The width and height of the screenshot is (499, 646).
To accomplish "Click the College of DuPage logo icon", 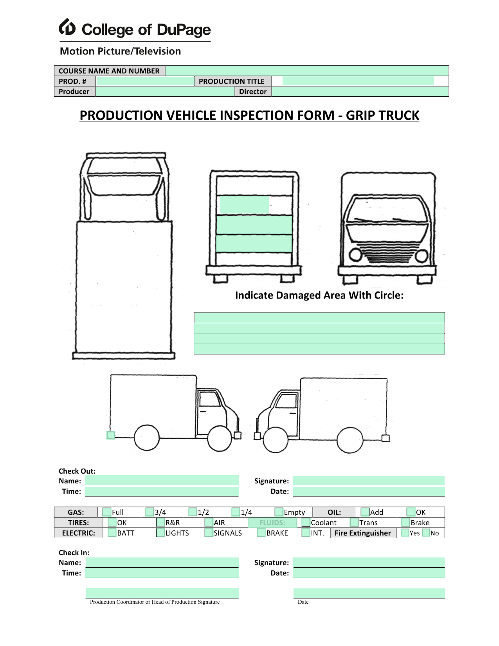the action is click(67, 27).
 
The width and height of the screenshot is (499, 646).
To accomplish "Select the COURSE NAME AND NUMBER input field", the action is click(307, 71).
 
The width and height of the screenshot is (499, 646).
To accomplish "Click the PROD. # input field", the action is click(145, 81).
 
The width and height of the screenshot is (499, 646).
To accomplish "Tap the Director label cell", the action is click(253, 91).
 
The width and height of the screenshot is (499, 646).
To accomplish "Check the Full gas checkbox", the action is click(106, 512).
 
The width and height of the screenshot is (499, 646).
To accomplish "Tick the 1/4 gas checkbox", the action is click(236, 512).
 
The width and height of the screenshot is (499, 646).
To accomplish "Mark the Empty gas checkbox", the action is click(279, 512).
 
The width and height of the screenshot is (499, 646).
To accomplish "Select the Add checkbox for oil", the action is click(365, 512).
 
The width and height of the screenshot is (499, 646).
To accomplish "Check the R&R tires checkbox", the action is click(160, 522).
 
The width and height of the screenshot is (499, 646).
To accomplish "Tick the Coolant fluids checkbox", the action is click(306, 522).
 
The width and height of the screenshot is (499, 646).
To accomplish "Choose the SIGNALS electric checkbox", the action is click(209, 532).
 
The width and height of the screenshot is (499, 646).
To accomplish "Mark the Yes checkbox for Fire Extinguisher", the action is click(405, 532).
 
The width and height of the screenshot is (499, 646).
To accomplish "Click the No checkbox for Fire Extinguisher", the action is click(426, 532).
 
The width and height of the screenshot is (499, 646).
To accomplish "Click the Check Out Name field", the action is click(162, 480).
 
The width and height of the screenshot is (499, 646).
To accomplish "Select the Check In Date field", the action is click(369, 573).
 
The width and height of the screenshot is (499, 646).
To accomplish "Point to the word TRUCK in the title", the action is click(397, 115).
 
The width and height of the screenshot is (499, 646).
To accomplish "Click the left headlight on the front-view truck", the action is click(355, 255).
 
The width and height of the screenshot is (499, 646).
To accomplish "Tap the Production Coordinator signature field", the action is click(162, 593).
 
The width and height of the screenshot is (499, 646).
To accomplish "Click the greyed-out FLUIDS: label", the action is click(272, 522).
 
